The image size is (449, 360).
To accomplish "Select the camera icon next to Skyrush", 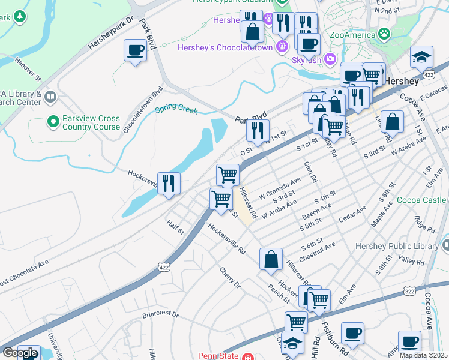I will pyautogui.click(x=330, y=59).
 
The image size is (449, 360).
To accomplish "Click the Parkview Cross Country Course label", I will pyautogui.click(x=91, y=122).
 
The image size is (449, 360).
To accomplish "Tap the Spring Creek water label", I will pyautogui.click(x=176, y=109).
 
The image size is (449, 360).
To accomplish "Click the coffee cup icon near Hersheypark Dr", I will pyautogui.click(x=136, y=50).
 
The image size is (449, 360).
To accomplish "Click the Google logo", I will pyautogui.click(x=20, y=353).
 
